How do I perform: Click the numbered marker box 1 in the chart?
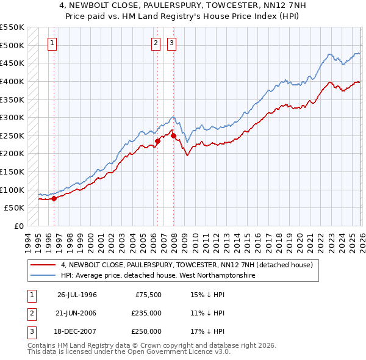(x=53, y=43)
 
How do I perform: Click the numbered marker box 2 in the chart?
(x=156, y=43)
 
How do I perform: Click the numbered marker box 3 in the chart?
(x=172, y=43)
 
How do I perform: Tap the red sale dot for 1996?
(x=54, y=198)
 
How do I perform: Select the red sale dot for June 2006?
(x=157, y=141)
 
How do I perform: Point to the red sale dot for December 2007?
(x=173, y=135)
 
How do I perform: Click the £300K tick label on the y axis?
(x=12, y=117)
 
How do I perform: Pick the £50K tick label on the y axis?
(x=14, y=208)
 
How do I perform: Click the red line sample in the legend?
(x=43, y=265)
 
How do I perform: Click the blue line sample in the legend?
(x=43, y=276)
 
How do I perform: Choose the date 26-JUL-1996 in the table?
(x=77, y=295)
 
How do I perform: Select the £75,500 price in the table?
(x=148, y=295)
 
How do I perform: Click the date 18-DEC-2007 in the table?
(x=77, y=331)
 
